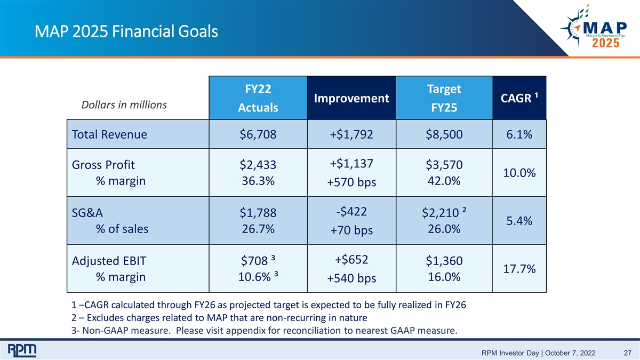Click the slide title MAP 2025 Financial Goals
coord(126,31)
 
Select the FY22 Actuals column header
coord(258,98)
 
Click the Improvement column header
coord(351,98)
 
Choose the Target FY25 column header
coord(444,98)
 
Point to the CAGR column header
coord(519,98)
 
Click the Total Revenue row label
coord(109,134)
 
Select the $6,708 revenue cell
coord(258,134)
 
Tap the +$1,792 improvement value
coord(351,134)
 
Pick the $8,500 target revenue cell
coord(444,134)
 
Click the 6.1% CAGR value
coord(519,134)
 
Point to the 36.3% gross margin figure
coord(258,181)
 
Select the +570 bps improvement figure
coord(351,182)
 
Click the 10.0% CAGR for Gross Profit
coord(519,173)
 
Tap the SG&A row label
coord(87,213)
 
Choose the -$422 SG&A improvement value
coord(351,212)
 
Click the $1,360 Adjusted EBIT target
coord(444,261)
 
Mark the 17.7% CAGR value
coord(519,269)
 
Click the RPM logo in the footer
coord(22,350)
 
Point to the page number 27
coord(627,353)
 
